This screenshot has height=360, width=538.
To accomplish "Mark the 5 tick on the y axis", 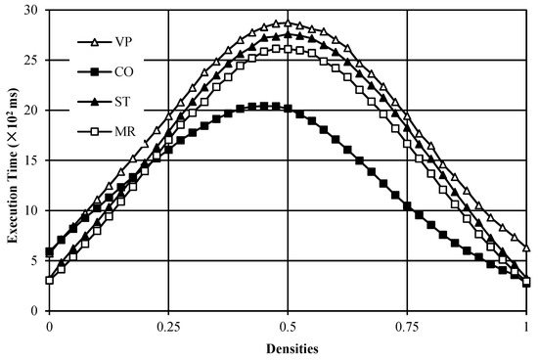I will click(36, 260).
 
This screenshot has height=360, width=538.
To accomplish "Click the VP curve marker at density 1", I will click(526, 248).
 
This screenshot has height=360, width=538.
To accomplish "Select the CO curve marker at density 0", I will click(49, 252).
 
